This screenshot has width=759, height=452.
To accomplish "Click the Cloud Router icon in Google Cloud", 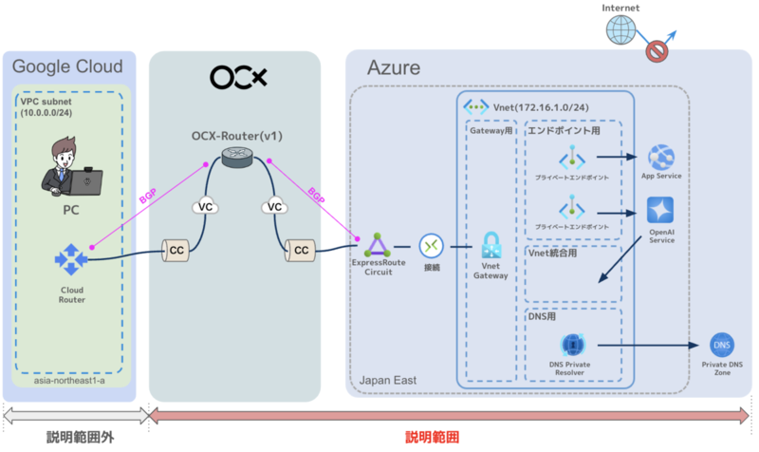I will [70, 257].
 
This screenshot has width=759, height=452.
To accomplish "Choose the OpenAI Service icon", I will [660, 210].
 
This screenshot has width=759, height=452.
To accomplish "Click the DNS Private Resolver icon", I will [572, 345].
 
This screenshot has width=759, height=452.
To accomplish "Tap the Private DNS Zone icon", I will [720, 346].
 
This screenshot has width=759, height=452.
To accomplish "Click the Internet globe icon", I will [620, 30].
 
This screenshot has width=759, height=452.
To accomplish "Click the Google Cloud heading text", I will [66, 66].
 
